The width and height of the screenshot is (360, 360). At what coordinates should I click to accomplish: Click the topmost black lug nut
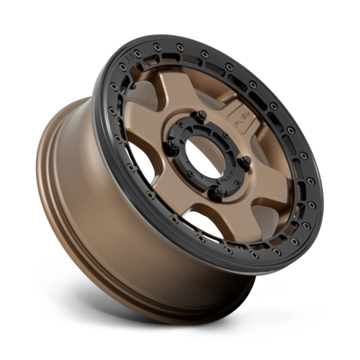tap(202, 114)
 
